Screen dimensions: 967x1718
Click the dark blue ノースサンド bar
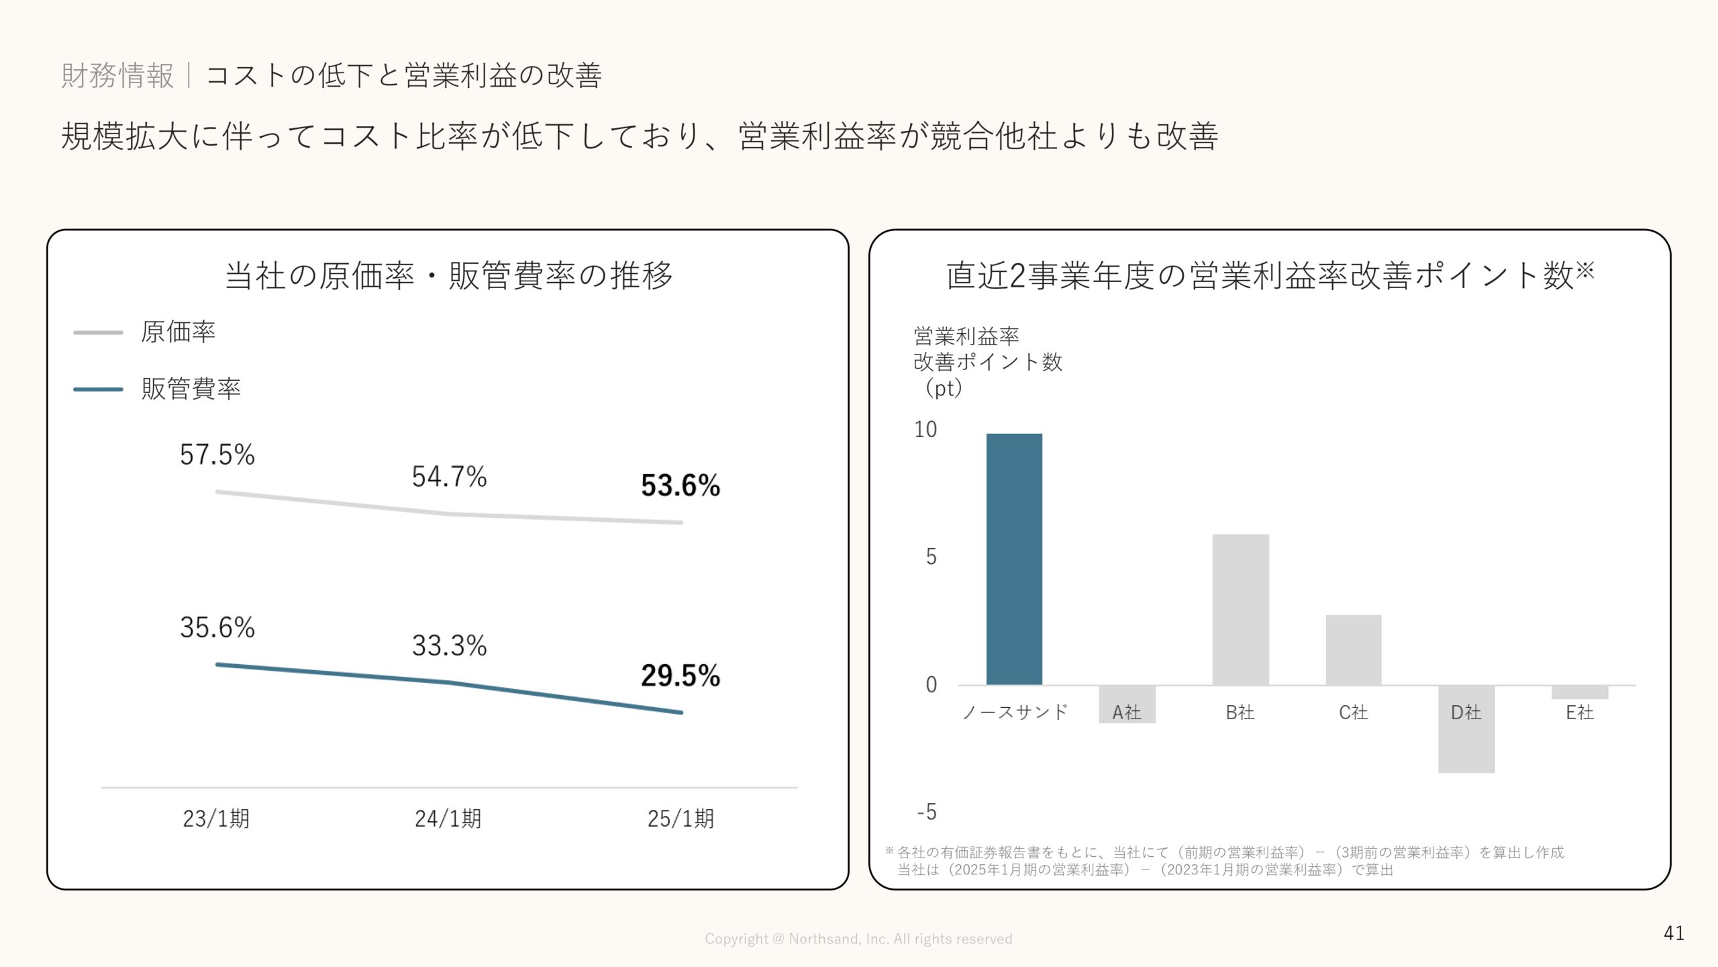pyautogui.click(x=1014, y=559)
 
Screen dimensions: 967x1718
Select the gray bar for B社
pyautogui.click(x=1240, y=609)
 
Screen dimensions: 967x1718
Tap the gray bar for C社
pyautogui.click(x=1353, y=649)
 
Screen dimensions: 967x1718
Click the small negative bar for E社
pyautogui.click(x=1579, y=692)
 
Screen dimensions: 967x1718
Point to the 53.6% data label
pyautogui.click(x=680, y=486)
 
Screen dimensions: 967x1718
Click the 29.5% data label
pyautogui.click(x=680, y=676)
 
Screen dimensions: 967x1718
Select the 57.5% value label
pyautogui.click(x=217, y=455)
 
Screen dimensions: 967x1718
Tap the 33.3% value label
pyautogui.click(x=449, y=645)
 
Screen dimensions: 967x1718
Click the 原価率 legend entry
pyautogui.click(x=177, y=332)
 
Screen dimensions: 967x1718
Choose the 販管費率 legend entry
pyautogui.click(x=191, y=389)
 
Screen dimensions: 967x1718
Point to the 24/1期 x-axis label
pyautogui.click(x=448, y=819)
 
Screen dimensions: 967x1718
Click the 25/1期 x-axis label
pyautogui.click(x=680, y=819)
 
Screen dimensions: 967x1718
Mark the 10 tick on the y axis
pyautogui.click(x=925, y=430)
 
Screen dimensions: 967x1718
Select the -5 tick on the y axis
pyautogui.click(x=927, y=813)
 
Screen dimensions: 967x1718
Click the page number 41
pyautogui.click(x=1674, y=933)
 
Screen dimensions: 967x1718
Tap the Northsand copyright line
pyautogui.click(x=858, y=939)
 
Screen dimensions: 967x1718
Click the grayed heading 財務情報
pyautogui.click(x=117, y=75)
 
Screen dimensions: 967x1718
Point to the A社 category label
pyautogui.click(x=1127, y=712)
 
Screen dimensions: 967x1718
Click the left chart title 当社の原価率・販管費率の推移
pyautogui.click(x=448, y=276)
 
